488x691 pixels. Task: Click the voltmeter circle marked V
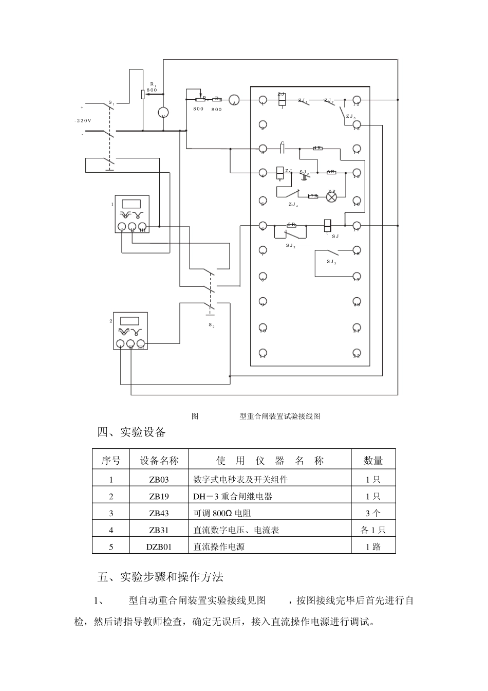163,113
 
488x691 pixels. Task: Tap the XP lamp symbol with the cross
332,196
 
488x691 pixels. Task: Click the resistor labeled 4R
317,148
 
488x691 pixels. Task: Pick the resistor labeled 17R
313,196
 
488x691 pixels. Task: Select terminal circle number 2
262,124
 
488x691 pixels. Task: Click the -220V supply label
83,120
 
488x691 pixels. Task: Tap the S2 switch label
211,325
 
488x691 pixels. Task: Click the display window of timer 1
132,203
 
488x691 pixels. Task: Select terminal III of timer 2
140,344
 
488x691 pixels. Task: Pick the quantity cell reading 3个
373,513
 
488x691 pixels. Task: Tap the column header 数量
373,461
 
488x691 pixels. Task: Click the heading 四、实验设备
132,432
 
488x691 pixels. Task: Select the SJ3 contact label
331,262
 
